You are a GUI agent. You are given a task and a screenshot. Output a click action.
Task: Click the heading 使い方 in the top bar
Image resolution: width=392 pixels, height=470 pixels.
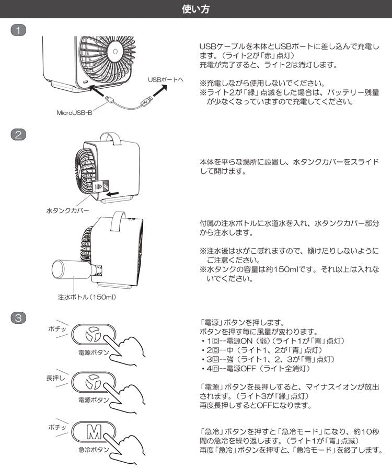pos(196,9)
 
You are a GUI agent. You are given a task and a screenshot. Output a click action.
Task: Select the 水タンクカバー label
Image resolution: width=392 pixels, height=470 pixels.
pos(67,210)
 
